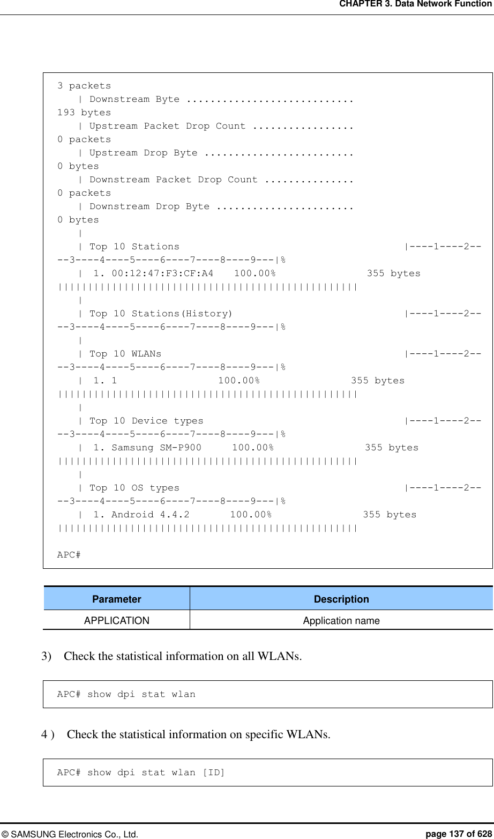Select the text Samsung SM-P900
coord(156,448)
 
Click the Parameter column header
coord(116,599)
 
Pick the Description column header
coord(341,599)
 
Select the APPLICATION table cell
coord(116,621)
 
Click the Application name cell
coord(341,621)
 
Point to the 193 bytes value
coord(84,113)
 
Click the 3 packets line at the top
coord(84,86)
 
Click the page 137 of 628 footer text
coord(458,834)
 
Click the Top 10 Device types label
coord(146,421)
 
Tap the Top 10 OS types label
coord(134,488)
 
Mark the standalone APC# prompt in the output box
coord(69,555)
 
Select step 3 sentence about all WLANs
coord(182,656)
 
